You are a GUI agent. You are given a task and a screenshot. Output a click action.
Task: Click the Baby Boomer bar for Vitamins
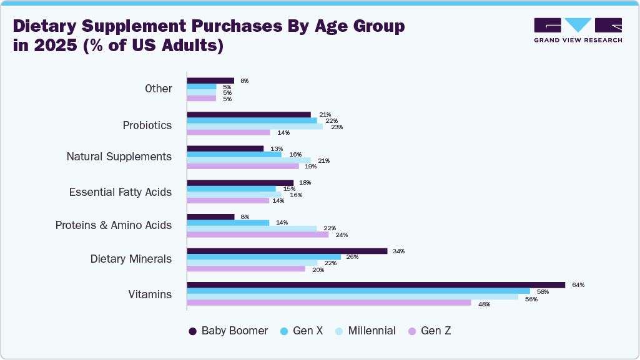(x=376, y=285)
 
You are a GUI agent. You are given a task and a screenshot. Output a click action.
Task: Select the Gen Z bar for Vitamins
(x=329, y=303)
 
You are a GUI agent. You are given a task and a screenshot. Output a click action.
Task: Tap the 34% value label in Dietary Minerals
(x=398, y=251)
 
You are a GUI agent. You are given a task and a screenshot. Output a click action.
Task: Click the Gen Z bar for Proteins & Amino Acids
(x=258, y=235)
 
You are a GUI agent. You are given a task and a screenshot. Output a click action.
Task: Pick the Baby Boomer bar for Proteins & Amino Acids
(x=211, y=217)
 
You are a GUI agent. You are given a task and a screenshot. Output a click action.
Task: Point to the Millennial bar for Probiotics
(x=255, y=127)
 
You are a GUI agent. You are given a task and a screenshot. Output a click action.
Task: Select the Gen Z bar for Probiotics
(x=229, y=132)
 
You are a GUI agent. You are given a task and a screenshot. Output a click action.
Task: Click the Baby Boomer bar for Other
(x=211, y=80)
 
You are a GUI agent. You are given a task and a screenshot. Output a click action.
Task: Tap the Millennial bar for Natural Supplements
(x=249, y=160)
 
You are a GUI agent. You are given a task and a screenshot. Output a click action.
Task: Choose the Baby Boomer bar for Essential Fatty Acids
(x=240, y=183)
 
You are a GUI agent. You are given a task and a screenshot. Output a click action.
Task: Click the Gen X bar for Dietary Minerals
(x=264, y=257)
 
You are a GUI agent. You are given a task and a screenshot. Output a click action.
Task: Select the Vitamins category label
(x=150, y=294)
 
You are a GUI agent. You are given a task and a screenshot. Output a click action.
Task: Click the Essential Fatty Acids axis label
(x=121, y=192)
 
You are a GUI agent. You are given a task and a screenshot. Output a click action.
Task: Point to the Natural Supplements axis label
(x=119, y=157)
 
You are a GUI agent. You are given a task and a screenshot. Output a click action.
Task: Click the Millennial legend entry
(x=365, y=331)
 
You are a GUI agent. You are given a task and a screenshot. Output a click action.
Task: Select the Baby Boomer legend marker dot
(x=193, y=331)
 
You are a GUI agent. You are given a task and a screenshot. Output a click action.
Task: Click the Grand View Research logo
(x=578, y=30)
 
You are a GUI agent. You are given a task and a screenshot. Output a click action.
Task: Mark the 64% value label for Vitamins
(x=578, y=285)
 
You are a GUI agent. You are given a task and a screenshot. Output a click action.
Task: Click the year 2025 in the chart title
(x=57, y=46)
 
